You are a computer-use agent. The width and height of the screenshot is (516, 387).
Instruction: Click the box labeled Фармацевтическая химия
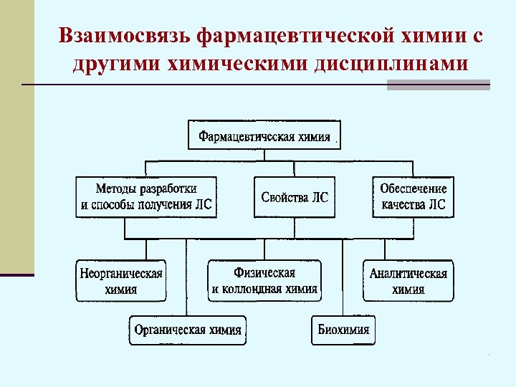tap(264, 135)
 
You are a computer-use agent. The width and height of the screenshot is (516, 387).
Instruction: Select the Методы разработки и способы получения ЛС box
tap(147, 196)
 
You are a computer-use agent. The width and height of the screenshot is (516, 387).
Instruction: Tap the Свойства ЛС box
tap(295, 196)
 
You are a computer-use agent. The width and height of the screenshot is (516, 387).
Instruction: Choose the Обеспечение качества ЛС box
tap(414, 196)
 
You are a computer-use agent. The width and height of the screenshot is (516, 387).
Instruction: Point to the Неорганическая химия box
tap(120, 281)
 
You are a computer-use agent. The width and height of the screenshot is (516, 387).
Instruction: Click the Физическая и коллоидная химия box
tap(264, 281)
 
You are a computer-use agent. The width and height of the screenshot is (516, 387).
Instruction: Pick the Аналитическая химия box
tap(408, 281)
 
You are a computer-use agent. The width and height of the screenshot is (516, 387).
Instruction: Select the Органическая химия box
tap(188, 330)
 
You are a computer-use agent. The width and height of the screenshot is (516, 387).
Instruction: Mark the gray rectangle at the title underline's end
tap(438, 85)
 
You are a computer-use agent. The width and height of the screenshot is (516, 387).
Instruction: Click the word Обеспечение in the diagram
tap(414, 188)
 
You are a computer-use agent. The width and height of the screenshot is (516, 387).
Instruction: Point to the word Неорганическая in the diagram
tap(120, 274)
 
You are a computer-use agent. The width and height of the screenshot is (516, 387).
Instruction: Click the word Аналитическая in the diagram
tap(408, 274)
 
